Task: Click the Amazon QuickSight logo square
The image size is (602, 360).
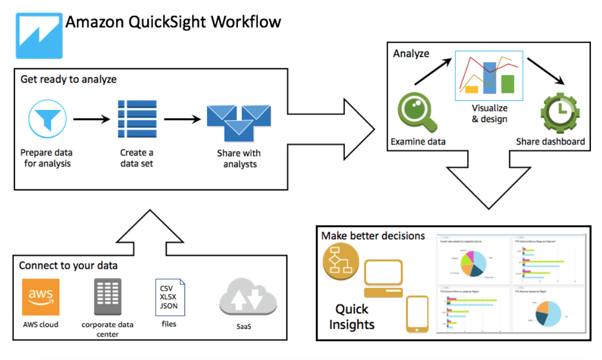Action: pos(39,36)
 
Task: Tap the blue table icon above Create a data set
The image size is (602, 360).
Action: pos(137,119)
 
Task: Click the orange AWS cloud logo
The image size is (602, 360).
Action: pos(41,297)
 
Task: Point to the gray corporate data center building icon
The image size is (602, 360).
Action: pos(108,297)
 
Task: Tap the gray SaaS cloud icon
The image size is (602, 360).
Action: pos(248,298)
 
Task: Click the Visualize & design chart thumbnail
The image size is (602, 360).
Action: pos(489,76)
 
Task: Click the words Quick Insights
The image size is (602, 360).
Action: pos(352,317)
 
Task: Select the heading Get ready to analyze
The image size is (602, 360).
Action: pos(69,79)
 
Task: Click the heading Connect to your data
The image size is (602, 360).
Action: pos(68,266)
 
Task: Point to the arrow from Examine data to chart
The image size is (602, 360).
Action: pos(433,72)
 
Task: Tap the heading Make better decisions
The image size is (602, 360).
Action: pos(373,236)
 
